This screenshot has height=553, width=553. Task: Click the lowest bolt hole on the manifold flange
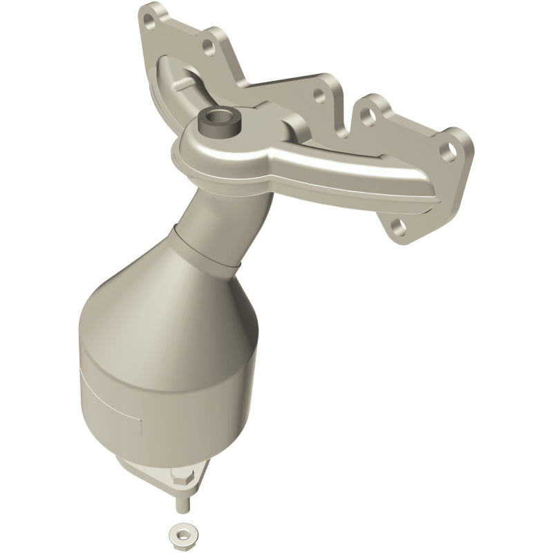(397, 225)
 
